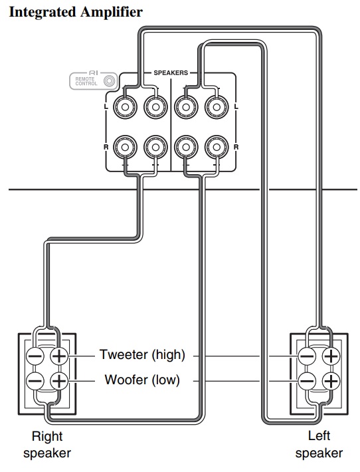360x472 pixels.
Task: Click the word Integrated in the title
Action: (x=43, y=13)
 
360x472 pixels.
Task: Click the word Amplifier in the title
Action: (x=112, y=12)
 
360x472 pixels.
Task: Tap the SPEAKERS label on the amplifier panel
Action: (x=171, y=73)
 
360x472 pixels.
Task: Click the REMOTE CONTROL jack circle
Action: (x=109, y=81)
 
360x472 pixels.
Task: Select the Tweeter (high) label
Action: (x=142, y=354)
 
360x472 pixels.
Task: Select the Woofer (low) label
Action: (x=142, y=380)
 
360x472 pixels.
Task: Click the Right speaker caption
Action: (x=47, y=445)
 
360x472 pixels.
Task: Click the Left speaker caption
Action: (x=319, y=444)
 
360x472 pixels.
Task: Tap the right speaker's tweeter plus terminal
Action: (x=59, y=357)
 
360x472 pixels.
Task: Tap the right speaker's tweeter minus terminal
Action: (x=35, y=357)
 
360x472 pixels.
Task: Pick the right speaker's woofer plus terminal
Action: (x=59, y=382)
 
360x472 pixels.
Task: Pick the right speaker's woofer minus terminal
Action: (x=35, y=382)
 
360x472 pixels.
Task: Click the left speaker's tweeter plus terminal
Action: (x=331, y=357)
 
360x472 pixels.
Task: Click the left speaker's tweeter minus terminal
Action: (x=307, y=357)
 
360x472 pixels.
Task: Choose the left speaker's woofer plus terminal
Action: (x=331, y=382)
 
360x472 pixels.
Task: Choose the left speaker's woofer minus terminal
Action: (x=307, y=382)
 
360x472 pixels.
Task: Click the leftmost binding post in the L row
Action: (x=125, y=107)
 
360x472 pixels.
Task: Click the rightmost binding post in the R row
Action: (x=217, y=147)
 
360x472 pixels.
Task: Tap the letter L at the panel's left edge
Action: (x=106, y=107)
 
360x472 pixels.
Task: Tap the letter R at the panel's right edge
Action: (x=236, y=147)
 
